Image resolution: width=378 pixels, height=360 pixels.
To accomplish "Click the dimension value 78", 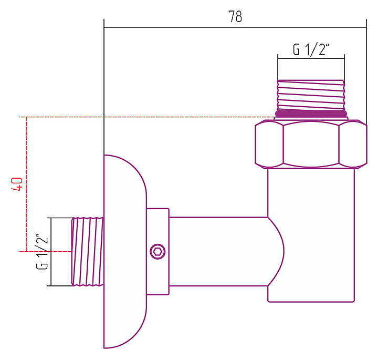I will point(235,17).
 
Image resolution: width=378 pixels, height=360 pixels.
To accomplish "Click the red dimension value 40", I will point(17,184).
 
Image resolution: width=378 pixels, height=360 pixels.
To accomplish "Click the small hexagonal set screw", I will point(157,251).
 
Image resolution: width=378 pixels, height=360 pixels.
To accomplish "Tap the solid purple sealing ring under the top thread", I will point(311,113).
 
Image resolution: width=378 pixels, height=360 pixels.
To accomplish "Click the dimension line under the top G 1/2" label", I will point(311,58).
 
